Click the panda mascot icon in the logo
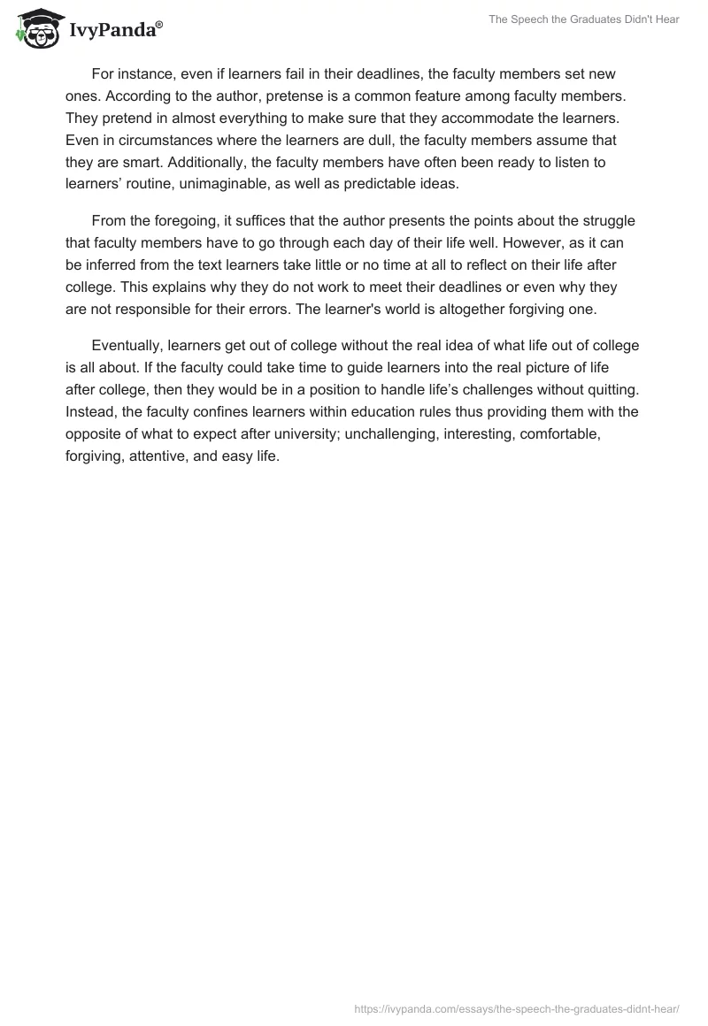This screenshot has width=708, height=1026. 35,29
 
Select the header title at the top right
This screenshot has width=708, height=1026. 583,19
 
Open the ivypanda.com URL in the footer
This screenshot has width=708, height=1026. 516,1008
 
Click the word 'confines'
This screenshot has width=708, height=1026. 219,411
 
